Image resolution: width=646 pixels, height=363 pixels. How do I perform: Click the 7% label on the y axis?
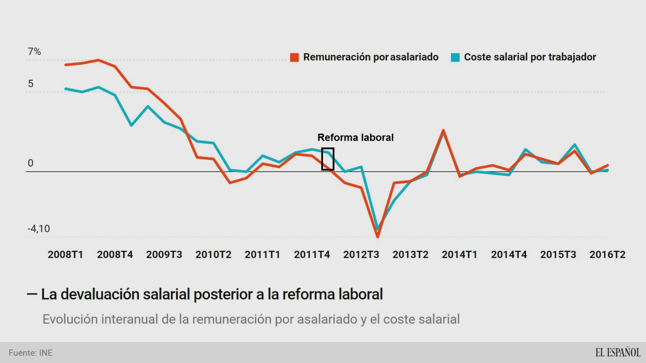pos(34,51)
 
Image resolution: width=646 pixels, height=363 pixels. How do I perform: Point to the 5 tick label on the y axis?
pos(31,84)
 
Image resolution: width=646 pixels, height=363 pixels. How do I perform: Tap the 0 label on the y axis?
pos(31,163)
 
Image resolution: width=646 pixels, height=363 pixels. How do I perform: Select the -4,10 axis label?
pos(39,229)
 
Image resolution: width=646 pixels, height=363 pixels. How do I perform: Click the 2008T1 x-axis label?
pos(66,254)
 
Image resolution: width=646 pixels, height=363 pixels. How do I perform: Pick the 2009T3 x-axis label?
pos(164,254)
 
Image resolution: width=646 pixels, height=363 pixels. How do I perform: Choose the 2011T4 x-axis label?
pos(312,254)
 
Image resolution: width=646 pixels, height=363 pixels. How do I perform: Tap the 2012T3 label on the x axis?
pos(361,254)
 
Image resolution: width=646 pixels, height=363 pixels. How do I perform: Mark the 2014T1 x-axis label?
pos(459,254)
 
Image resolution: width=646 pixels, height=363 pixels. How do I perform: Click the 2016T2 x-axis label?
pos(607,254)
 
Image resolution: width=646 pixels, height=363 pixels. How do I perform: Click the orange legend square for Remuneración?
pos(294,57)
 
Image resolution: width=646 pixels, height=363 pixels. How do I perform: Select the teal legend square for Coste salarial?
pos(455,57)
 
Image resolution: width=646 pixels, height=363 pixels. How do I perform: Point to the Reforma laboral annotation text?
pos(355,137)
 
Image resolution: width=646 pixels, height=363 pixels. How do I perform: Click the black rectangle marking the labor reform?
pos(328,159)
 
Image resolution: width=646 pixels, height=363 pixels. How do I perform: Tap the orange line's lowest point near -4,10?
pos(378,236)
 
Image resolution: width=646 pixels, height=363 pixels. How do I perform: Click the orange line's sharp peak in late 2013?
pos(443,131)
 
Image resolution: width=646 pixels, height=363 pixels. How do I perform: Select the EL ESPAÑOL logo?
pos(618,352)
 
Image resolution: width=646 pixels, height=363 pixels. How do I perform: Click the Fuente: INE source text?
pos(31,353)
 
